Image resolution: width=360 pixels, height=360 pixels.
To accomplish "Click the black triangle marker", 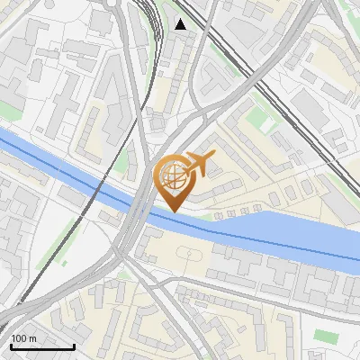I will pyautogui.click(x=181, y=24).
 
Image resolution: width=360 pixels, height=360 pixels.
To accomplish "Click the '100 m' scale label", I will pyautogui.click(x=24, y=338).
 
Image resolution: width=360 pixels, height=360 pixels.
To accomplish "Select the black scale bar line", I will pyautogui.click(x=42, y=346).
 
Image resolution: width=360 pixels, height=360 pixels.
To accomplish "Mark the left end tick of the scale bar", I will pyautogui.click(x=11, y=345).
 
